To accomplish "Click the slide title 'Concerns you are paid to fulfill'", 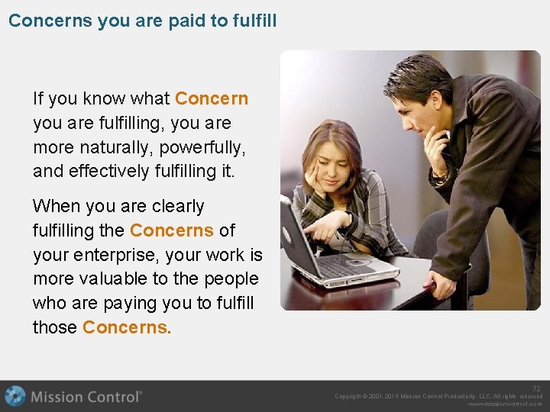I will (142, 20).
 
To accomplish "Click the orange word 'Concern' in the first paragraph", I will (212, 98).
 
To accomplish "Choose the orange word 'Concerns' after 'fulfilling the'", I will (171, 230).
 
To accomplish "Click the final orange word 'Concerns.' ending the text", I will (127, 327).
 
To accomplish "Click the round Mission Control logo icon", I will (15, 397).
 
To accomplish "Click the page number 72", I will (537, 388).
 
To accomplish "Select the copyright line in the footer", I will (438, 396).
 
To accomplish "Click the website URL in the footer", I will (505, 404).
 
